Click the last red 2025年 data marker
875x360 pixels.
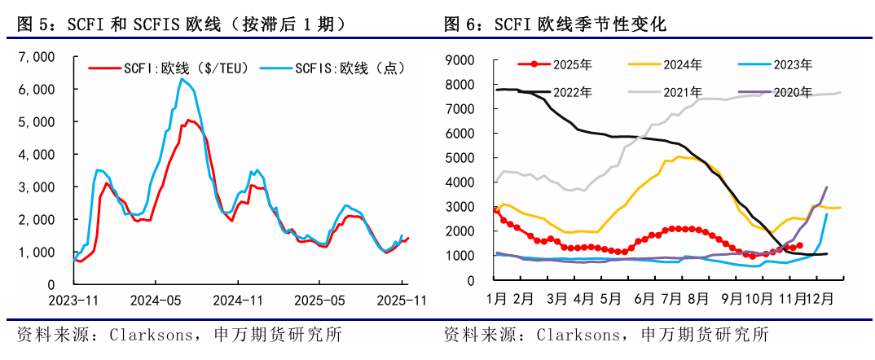(799, 244)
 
